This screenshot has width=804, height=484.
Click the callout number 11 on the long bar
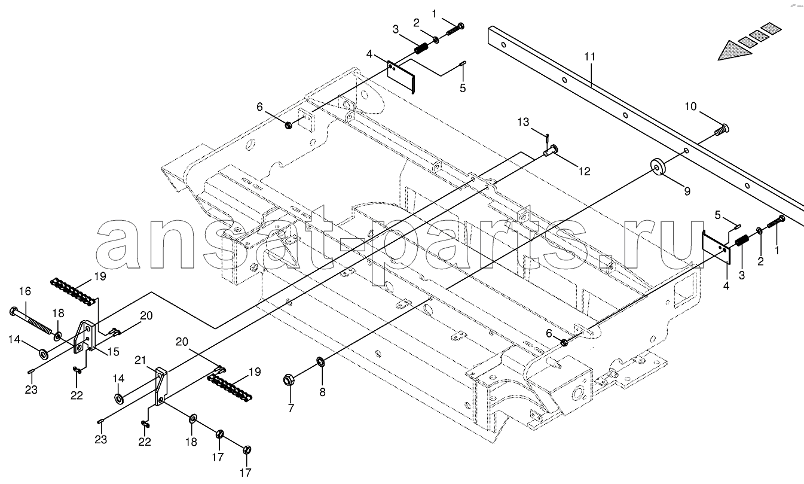point(590,57)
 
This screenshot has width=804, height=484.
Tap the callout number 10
point(690,106)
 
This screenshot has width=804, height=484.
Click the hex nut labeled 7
point(289,379)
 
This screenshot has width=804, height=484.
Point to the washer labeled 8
point(320,362)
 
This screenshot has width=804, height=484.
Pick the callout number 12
point(585,172)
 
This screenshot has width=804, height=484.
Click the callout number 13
point(523,122)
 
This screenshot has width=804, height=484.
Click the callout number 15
point(113,351)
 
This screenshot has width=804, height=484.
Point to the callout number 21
point(140,360)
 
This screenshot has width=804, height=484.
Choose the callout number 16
point(25,291)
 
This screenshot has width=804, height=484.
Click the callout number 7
point(291,408)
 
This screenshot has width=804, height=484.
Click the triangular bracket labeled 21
point(160,386)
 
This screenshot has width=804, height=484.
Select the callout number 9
point(687,191)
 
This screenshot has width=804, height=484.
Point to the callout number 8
point(322,392)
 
